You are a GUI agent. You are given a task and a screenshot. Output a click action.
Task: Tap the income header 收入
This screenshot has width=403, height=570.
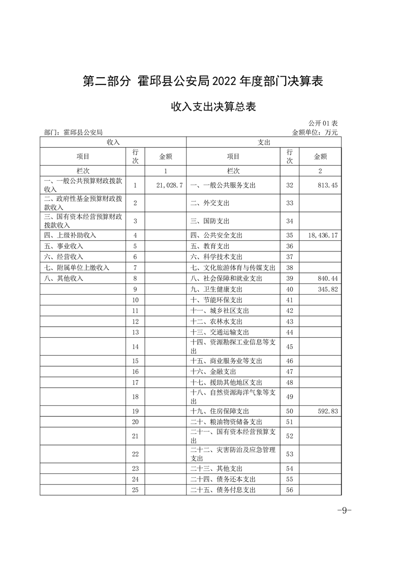(113, 143)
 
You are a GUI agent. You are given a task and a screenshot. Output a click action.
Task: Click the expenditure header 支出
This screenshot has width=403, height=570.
(264, 143)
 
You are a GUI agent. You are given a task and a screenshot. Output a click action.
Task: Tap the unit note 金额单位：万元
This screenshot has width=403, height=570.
(315, 132)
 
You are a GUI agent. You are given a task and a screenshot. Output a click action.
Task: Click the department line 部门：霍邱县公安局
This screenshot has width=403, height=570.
(74, 132)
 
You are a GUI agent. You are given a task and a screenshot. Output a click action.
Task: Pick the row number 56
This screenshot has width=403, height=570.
(290, 490)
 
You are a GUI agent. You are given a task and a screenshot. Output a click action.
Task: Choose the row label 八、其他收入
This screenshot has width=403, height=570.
(64, 278)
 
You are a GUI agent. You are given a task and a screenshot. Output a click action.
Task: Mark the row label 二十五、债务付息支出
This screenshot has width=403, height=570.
(223, 490)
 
